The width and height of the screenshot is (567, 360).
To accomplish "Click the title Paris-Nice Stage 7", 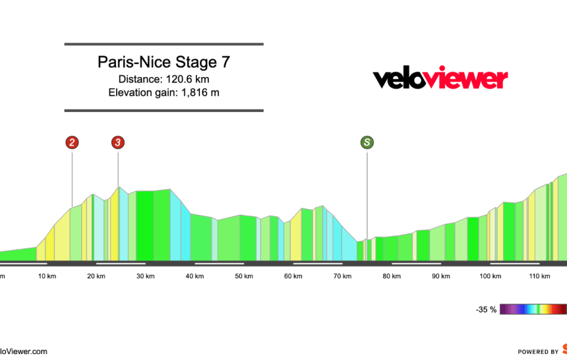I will pyautogui.click(x=164, y=63).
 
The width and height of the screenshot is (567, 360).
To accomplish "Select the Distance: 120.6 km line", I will pyautogui.click(x=164, y=79).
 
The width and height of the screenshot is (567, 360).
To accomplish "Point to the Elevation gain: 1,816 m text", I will pyautogui.click(x=164, y=92).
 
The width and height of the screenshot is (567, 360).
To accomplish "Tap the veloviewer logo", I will pyautogui.click(x=440, y=79).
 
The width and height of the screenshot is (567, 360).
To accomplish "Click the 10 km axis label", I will pyautogui.click(x=47, y=276).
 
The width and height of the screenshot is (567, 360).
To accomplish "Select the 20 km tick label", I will pyautogui.click(x=96, y=276).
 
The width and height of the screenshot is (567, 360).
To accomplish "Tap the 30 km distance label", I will pyautogui.click(x=146, y=276).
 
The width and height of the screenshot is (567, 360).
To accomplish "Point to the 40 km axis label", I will pyautogui.click(x=194, y=276).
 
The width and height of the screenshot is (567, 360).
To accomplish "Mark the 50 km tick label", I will pyautogui.click(x=244, y=276).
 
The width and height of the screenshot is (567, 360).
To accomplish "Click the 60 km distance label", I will pyautogui.click(x=293, y=276).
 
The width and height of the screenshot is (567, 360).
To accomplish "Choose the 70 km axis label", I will pyautogui.click(x=342, y=276).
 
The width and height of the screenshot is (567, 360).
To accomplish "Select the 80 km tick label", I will pyautogui.click(x=392, y=276).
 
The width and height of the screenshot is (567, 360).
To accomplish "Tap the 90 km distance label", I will pyautogui.click(x=441, y=276).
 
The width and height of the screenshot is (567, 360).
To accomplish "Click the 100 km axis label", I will pyautogui.click(x=491, y=276).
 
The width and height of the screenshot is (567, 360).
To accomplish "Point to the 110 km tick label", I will pyautogui.click(x=539, y=276).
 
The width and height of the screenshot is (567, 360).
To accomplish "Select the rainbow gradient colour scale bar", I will pyautogui.click(x=533, y=309).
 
